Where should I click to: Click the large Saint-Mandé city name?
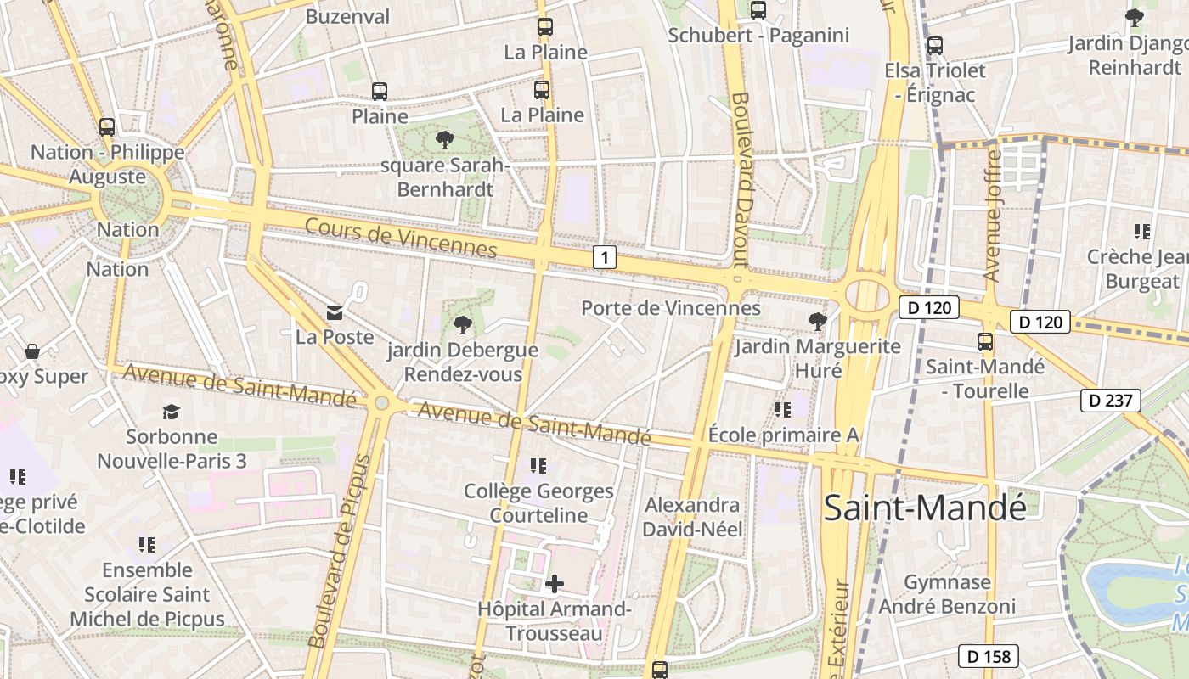(925, 508)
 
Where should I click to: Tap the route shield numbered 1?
(604, 257)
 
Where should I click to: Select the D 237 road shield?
(1110, 400)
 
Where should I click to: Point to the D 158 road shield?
(988, 656)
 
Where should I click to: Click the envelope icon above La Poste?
(335, 313)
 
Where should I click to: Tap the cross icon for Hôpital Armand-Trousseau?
(554, 584)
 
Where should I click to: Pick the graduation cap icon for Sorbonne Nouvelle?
(172, 412)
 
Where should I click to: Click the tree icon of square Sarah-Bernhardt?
(443, 140)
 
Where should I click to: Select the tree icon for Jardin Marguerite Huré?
(817, 321)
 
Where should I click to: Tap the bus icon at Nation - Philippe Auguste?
(107, 127)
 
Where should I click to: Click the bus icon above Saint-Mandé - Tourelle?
(985, 342)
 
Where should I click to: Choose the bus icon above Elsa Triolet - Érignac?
(935, 46)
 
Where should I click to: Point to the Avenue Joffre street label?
(992, 216)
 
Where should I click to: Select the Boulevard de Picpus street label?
(339, 552)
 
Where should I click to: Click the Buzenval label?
(347, 16)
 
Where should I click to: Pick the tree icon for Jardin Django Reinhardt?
(1134, 17)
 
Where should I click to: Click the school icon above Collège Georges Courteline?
(538, 466)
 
